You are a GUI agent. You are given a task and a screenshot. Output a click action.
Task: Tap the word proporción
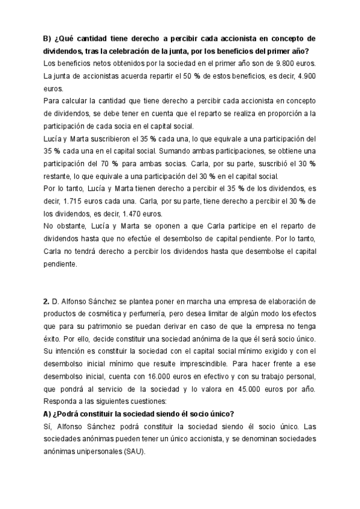tap(274, 113)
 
